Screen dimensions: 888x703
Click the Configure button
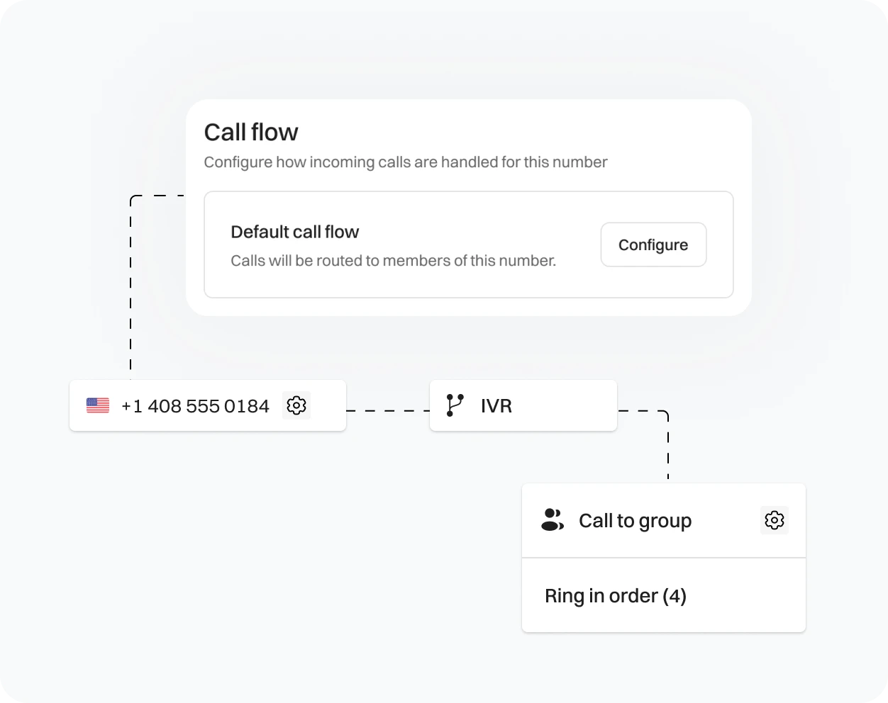tap(653, 244)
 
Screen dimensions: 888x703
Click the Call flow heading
tap(251, 133)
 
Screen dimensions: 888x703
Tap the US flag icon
tap(98, 405)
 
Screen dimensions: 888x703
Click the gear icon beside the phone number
tap(296, 405)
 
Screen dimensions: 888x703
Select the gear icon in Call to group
tap(774, 520)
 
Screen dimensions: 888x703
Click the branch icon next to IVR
tap(455, 405)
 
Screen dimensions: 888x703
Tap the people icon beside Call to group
tap(553, 520)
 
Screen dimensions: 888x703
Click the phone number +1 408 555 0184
tap(195, 406)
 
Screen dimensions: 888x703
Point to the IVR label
tap(496, 406)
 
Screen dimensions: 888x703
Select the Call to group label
tap(635, 521)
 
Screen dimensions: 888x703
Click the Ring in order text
tap(601, 596)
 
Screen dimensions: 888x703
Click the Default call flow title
tap(295, 232)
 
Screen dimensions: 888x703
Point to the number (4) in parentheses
tap(675, 596)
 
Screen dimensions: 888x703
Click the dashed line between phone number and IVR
tap(387, 410)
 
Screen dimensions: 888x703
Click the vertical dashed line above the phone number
tap(131, 291)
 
